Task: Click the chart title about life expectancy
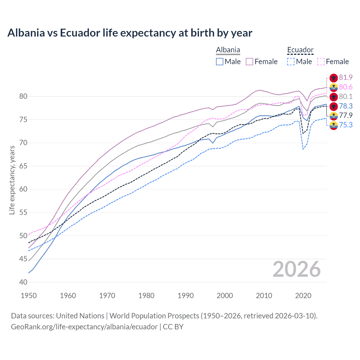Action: (x=130, y=33)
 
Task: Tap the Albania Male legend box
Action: (x=220, y=62)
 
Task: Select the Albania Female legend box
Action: (x=249, y=62)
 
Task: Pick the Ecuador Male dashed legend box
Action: (x=291, y=62)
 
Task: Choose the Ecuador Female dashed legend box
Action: (x=321, y=62)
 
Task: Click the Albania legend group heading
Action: (x=228, y=50)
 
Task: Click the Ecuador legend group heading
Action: (x=300, y=50)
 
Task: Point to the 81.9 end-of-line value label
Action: (x=346, y=78)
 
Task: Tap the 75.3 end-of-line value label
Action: (x=346, y=125)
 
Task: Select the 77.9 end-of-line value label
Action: (x=346, y=115)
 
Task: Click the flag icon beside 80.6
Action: (x=334, y=87)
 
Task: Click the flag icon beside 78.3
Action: (x=334, y=106)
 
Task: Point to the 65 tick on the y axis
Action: (x=23, y=166)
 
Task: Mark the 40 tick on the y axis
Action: (x=23, y=282)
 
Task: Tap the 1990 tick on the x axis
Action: (x=186, y=296)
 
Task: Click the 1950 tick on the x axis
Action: (x=29, y=296)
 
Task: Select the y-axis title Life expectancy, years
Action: (x=12, y=180)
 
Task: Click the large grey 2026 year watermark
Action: (x=296, y=269)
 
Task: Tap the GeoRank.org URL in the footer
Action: (x=84, y=327)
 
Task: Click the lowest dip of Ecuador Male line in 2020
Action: (x=303, y=149)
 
